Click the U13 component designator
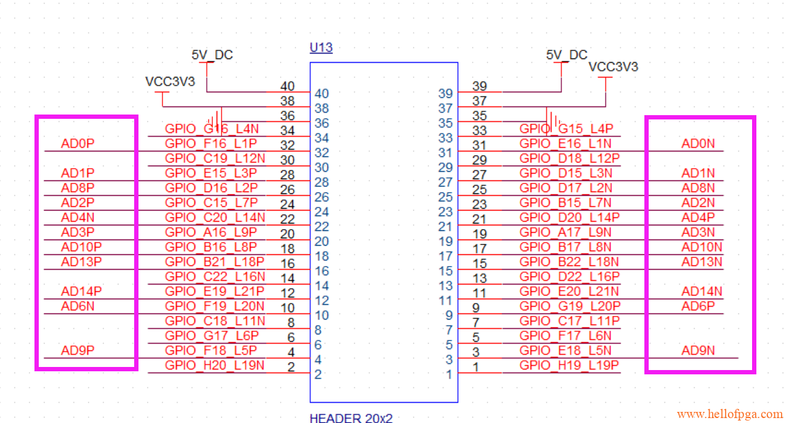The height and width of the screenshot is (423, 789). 321,47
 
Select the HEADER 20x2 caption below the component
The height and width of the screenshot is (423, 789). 351,418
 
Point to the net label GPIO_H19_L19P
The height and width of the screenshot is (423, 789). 569,365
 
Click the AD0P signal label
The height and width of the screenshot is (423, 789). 78,144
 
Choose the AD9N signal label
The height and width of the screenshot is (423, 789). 698,350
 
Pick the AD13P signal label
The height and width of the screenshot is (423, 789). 81,262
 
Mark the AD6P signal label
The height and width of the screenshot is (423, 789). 698,306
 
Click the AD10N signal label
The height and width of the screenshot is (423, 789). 702,247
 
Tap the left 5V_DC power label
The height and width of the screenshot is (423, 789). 212,55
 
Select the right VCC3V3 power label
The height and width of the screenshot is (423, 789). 613,67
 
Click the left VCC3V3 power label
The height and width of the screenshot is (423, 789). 170,81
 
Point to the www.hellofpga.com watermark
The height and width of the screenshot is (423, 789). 729,414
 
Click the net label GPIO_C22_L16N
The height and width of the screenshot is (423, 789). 215,276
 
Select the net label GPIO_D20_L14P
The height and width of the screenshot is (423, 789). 569,217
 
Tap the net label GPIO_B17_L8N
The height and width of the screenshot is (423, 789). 566,247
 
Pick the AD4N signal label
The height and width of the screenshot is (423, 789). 78,217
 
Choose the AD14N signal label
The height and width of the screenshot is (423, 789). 702,291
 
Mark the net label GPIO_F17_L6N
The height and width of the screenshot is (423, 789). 566,336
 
